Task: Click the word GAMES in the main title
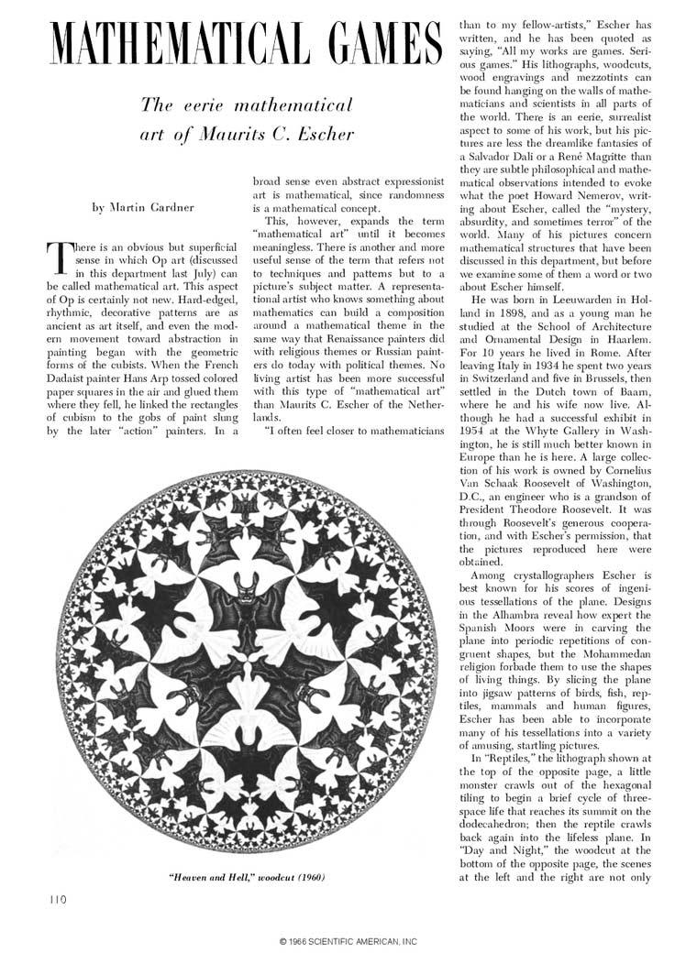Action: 371,44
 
